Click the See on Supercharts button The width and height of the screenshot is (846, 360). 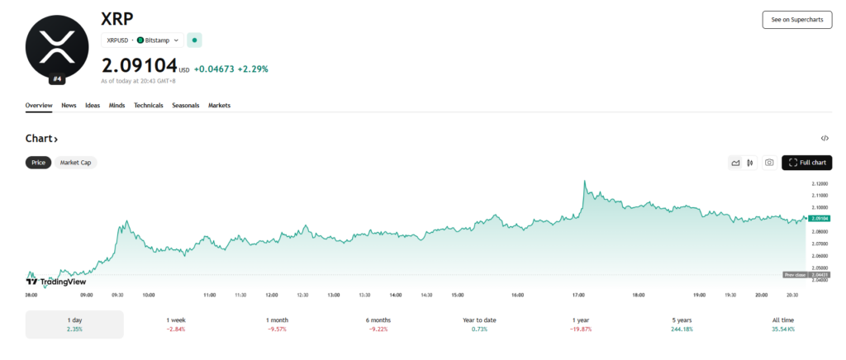796,20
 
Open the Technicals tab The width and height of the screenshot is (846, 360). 149,106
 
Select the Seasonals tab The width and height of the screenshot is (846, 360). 185,106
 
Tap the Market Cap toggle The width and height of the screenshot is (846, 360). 75,163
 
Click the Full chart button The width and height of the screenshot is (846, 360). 806,163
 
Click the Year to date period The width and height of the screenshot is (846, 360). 480,324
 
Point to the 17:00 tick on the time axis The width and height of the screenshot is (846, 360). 578,294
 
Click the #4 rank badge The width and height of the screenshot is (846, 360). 57,79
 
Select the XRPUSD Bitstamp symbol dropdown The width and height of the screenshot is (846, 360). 142,40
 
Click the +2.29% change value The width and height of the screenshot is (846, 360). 253,69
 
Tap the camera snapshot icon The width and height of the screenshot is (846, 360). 769,163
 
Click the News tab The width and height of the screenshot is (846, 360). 69,106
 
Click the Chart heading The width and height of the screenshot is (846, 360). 41,138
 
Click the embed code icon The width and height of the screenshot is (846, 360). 825,138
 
